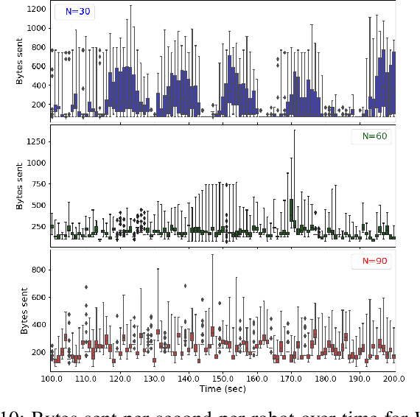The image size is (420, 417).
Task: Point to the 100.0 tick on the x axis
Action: [x=51, y=379]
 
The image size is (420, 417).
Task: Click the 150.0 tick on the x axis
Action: [x=223, y=379]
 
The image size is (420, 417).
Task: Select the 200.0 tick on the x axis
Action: [x=395, y=379]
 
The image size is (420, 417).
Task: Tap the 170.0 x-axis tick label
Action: [x=292, y=379]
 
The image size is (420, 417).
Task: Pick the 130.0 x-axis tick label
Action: [x=154, y=379]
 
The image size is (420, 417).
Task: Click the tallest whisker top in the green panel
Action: [x=294, y=130]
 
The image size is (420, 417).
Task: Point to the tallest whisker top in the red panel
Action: [x=212, y=255]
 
